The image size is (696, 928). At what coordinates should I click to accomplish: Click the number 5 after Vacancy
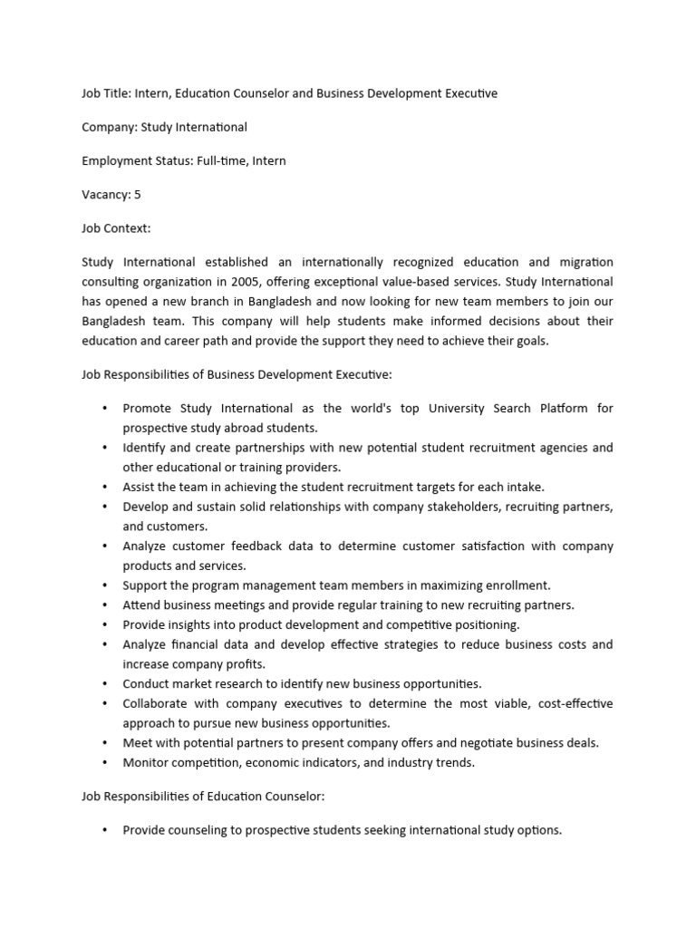(x=137, y=195)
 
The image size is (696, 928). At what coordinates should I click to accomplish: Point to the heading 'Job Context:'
(x=116, y=228)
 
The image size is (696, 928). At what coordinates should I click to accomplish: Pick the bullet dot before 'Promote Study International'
(x=106, y=409)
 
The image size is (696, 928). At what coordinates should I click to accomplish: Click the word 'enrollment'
(x=517, y=585)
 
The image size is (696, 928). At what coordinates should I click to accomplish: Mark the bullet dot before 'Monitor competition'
(x=106, y=763)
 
